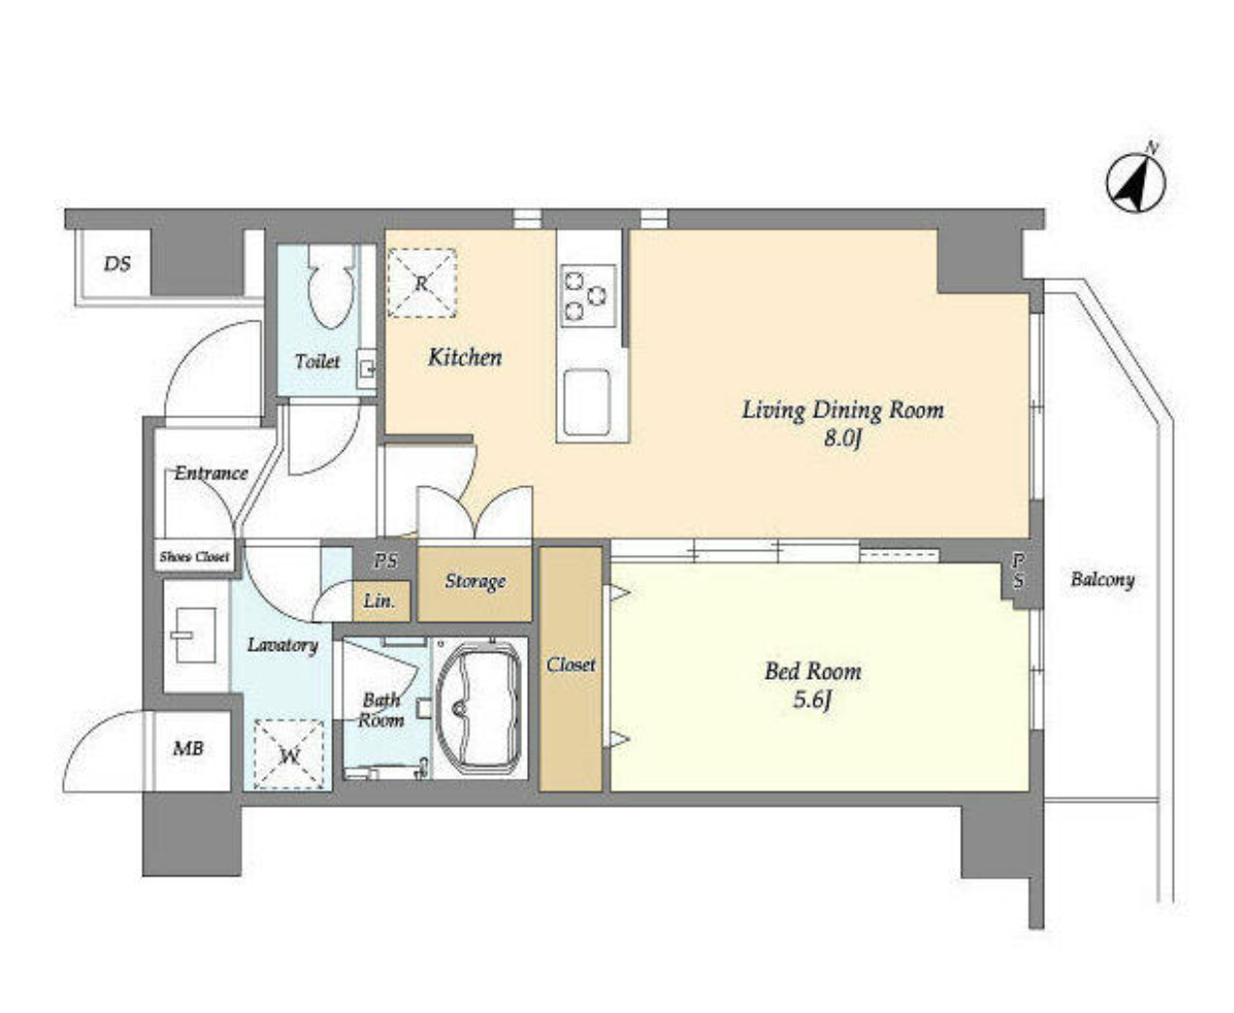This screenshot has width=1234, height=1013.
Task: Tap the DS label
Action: pos(116,264)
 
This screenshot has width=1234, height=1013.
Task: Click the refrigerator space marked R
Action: pos(422,283)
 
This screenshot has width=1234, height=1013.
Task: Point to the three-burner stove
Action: pos(588,295)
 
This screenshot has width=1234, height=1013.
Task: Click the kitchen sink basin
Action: pos(586,402)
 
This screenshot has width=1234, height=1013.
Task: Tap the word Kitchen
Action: pos(465,357)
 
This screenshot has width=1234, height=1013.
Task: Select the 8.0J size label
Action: pos(843,439)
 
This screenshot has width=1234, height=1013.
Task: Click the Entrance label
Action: pos(210,473)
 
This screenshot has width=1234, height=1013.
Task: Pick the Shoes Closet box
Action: pos(195,556)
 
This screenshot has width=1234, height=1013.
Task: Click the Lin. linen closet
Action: pos(381,601)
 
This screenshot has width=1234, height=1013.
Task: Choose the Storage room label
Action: pos(476,581)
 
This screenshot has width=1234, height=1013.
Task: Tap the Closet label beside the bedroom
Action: pos(571,664)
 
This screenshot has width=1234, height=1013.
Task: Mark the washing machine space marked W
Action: pos(289,755)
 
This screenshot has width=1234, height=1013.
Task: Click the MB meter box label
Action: pos(189,748)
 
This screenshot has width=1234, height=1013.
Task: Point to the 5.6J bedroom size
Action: pos(812,700)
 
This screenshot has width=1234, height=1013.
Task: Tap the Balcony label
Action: pos(1102,579)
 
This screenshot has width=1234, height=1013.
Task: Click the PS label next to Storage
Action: pos(385,561)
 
